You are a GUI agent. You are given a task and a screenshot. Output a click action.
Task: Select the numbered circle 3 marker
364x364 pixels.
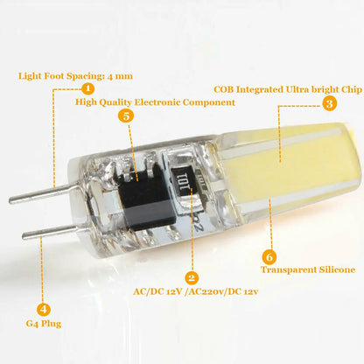[x=329, y=103]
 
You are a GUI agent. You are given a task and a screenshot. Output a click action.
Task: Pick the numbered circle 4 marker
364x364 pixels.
[x=43, y=309]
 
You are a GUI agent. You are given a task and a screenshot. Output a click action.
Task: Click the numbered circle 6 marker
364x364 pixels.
[x=269, y=256]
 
